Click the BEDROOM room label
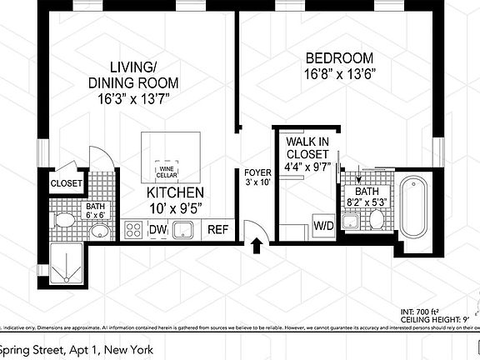pos(338,59)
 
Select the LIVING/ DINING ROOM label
pos(134,75)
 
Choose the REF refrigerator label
pos(218,230)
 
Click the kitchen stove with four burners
pos(133,230)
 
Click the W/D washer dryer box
pos(323,224)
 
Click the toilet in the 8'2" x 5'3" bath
pos(375,219)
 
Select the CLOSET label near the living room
pos(66,183)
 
